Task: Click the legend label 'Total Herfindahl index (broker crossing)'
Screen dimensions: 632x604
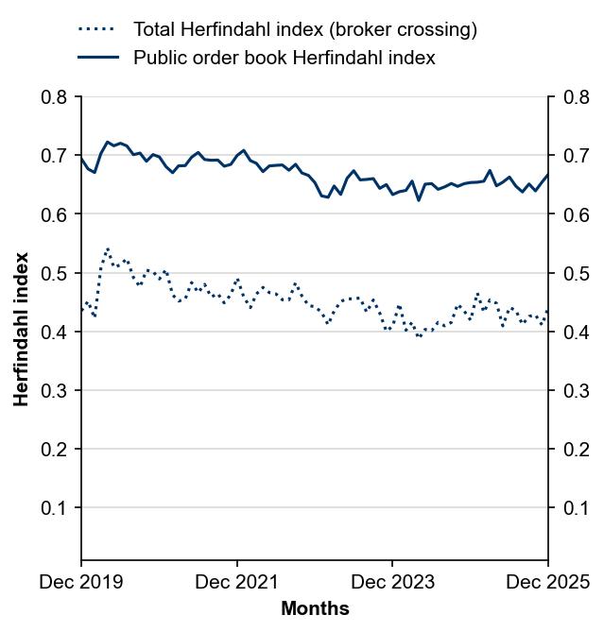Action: click(304, 29)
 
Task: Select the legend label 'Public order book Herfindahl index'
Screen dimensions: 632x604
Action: click(284, 58)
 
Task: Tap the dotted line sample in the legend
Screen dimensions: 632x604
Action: click(98, 29)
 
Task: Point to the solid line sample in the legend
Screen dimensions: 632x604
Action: click(98, 58)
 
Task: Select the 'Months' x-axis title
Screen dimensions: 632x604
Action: click(315, 608)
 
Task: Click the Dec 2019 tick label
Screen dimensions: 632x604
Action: click(81, 582)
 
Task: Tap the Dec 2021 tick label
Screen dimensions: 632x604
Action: click(237, 582)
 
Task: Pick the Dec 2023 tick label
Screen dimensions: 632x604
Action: click(392, 582)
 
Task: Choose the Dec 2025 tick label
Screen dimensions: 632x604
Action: click(547, 582)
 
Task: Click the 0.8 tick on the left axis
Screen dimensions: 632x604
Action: click(55, 97)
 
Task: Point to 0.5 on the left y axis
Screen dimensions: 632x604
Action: click(55, 273)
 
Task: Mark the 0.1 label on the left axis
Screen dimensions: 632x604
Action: click(55, 508)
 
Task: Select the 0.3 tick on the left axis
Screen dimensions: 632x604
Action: click(55, 391)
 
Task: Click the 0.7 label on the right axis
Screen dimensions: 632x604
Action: click(576, 156)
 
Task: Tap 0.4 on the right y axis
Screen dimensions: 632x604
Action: click(576, 333)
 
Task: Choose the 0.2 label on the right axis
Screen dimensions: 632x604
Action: click(576, 450)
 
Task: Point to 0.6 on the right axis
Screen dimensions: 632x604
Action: click(576, 214)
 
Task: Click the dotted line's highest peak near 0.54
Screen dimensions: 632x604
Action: click(108, 249)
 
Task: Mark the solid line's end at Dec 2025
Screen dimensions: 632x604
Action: click(547, 175)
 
